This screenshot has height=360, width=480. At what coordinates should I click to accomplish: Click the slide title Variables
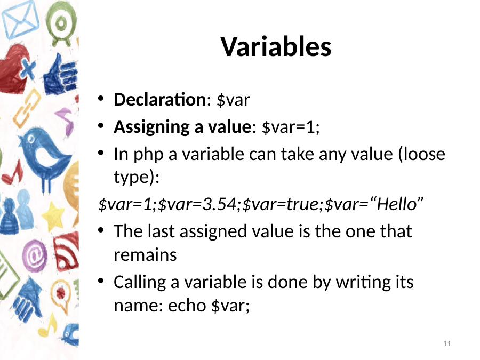[x=276, y=47]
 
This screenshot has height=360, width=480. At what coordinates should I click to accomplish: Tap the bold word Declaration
[x=161, y=100]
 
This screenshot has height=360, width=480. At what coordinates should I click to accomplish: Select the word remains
[x=145, y=255]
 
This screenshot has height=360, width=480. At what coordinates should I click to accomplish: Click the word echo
[x=187, y=305]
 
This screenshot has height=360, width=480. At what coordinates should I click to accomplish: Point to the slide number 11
[x=447, y=344]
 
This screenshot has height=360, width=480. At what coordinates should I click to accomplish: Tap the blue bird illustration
[x=45, y=158]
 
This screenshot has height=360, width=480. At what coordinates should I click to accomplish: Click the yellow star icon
[x=53, y=216]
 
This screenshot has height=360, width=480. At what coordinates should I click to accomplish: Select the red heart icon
[x=15, y=69]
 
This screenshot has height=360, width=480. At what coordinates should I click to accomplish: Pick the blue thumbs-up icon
[x=60, y=75]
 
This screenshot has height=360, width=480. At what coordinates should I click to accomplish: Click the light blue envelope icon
[x=20, y=20]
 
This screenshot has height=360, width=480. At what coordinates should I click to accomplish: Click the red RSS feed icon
[x=66, y=251]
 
